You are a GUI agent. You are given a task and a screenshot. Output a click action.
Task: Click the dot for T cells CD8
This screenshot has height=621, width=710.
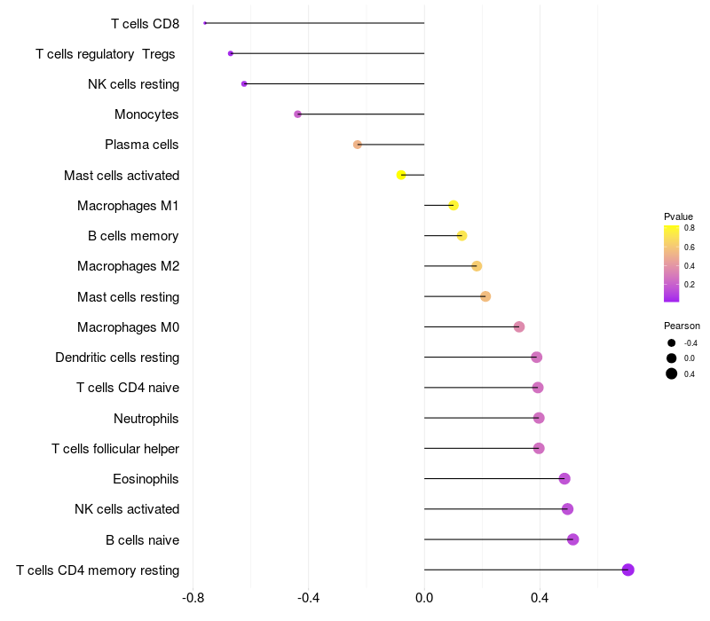click(205, 23)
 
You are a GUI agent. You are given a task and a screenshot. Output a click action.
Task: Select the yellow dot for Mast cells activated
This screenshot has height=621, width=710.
click(401, 175)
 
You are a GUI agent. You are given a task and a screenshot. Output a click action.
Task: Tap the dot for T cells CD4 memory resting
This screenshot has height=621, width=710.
click(627, 570)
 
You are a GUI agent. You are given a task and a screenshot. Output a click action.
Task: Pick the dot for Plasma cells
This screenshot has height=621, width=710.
click(358, 145)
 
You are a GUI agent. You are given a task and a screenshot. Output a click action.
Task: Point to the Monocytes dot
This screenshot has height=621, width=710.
click(297, 114)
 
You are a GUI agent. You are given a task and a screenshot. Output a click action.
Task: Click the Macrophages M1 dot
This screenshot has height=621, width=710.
click(454, 206)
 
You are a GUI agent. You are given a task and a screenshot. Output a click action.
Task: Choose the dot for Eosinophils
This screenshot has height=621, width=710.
click(564, 478)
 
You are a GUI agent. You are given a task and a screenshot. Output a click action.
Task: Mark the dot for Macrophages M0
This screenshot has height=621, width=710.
click(519, 326)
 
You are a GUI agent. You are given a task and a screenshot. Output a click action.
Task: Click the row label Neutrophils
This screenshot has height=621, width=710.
click(146, 419)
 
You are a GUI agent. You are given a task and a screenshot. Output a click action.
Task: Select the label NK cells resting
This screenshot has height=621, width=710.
click(134, 84)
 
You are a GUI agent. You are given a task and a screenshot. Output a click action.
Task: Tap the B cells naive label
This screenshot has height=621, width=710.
click(142, 540)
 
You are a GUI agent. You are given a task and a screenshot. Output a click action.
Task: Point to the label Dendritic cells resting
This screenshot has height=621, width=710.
click(117, 358)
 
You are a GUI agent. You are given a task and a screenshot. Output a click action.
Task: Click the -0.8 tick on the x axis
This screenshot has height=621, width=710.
click(193, 598)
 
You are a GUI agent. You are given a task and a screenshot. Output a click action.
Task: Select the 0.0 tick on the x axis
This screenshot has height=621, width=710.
click(424, 598)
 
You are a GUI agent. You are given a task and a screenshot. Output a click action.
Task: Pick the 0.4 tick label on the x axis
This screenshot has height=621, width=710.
click(540, 598)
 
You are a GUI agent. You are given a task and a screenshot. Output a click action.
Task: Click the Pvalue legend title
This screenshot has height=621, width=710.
click(678, 216)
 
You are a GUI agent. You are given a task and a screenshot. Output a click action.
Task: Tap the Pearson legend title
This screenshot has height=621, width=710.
click(682, 326)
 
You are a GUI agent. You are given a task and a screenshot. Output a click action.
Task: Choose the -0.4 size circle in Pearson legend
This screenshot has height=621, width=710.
click(672, 343)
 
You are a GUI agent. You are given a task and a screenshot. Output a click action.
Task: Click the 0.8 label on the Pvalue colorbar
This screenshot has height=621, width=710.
click(690, 228)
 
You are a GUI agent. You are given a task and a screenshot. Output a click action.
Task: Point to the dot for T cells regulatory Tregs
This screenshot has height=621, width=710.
click(231, 53)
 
